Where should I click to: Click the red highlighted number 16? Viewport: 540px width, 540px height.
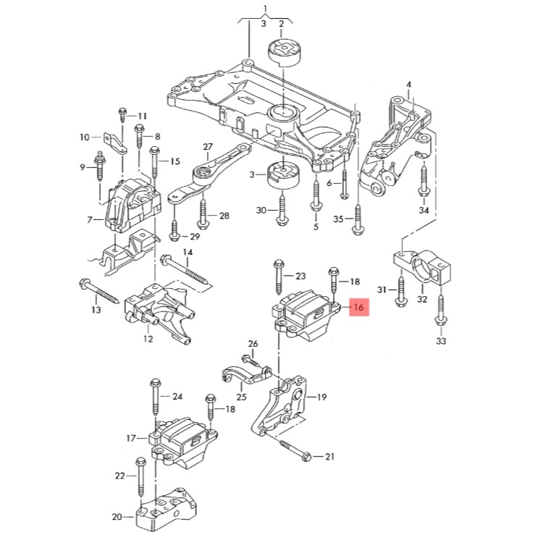click(358, 308)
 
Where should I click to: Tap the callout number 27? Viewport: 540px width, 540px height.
click(208, 147)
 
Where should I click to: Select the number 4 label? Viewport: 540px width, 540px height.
click(408, 85)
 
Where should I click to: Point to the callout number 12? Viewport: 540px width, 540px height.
click(148, 338)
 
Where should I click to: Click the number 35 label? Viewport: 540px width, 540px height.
click(338, 218)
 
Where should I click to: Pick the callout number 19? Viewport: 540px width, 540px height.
click(321, 397)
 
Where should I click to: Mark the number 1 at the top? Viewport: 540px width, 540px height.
click(265, 10)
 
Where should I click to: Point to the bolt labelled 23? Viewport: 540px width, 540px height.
click(279, 277)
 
